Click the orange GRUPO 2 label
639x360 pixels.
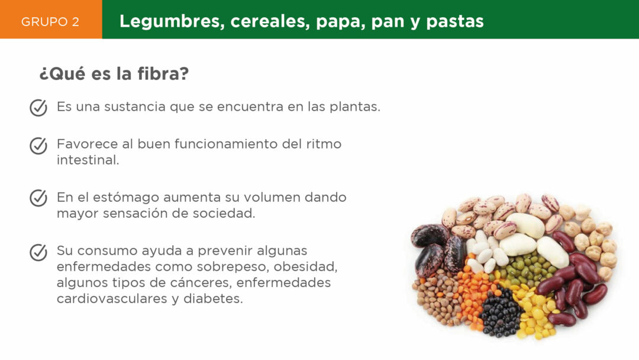(50, 21)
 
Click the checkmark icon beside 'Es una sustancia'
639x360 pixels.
(38, 108)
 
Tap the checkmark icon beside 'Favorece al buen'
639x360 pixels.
(38, 146)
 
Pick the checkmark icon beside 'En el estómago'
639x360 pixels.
(38, 198)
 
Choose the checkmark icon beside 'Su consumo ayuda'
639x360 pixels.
(38, 252)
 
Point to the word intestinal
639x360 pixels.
(88, 160)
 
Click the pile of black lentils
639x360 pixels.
(500, 313)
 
